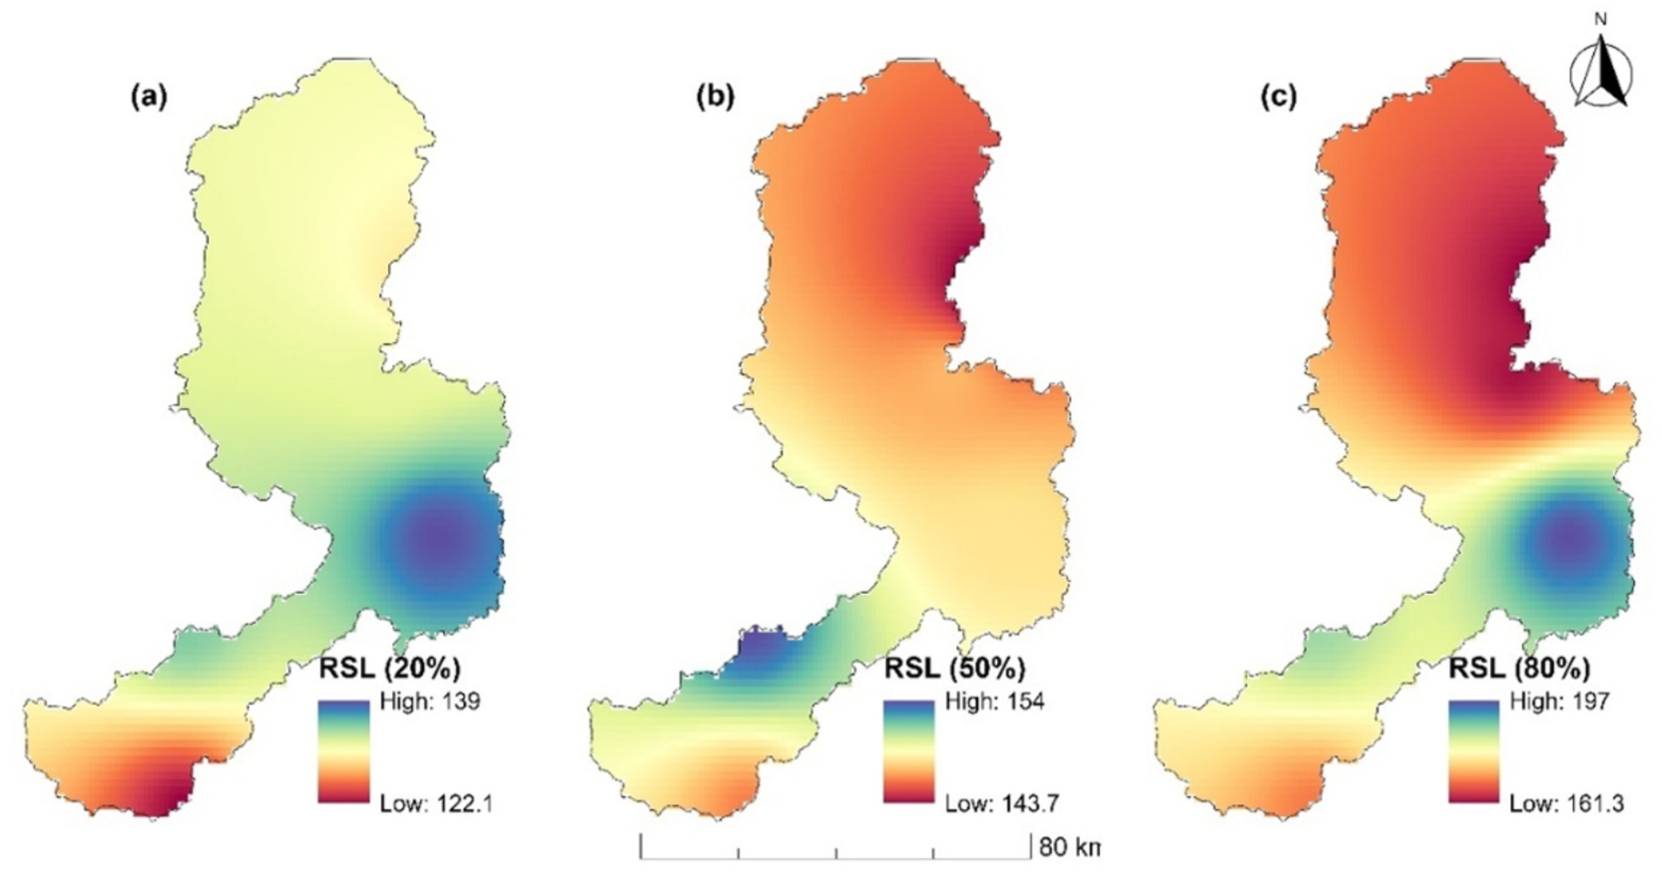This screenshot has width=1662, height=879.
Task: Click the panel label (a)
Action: pos(148,97)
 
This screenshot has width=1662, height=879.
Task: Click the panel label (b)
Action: pos(715,97)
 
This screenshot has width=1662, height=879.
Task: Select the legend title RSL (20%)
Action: pos(389,668)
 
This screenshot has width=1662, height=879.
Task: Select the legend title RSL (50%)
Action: pos(954,668)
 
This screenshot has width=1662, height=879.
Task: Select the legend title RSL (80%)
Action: pos(1520,668)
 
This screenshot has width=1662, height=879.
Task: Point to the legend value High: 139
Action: pos(430,702)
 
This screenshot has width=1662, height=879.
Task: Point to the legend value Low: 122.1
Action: pos(435,803)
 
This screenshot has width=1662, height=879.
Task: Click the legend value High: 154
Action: pos(994,702)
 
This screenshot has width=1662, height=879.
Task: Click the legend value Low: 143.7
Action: pos(1001,803)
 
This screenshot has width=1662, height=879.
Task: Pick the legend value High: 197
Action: pos(1559,702)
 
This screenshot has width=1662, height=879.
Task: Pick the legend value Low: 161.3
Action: pos(1566,803)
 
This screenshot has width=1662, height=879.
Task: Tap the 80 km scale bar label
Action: pos(1068,848)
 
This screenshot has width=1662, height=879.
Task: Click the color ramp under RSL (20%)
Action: pos(343,751)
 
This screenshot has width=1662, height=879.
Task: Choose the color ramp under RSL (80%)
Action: pos(1474,751)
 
